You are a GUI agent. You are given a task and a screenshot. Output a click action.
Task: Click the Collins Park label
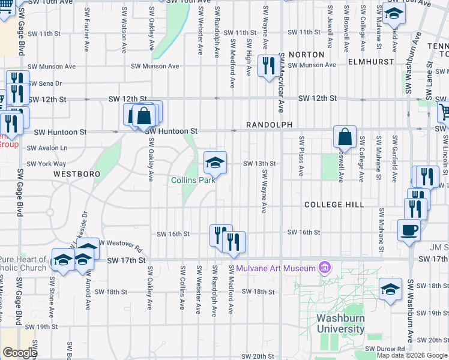(193, 180)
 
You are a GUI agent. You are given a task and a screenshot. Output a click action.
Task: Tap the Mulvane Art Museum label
(276, 268)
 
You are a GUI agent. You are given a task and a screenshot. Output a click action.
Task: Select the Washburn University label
(341, 324)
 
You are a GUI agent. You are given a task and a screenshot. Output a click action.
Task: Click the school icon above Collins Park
(215, 162)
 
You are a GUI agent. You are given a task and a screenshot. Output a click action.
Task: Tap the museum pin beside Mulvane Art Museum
(325, 266)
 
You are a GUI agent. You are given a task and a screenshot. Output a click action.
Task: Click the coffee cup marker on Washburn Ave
(409, 230)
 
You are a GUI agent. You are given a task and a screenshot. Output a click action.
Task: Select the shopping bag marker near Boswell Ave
(345, 137)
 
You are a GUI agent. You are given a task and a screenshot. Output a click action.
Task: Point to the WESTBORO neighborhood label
(76, 173)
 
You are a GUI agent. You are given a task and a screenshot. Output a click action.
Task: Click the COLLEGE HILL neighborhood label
(334, 205)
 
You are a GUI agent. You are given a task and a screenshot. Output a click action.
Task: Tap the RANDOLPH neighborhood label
(268, 125)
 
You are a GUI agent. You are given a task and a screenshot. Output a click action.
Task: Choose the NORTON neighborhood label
(306, 55)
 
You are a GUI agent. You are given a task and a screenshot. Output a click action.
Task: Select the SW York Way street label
(46, 164)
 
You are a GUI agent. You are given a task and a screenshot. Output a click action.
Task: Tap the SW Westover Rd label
(120, 245)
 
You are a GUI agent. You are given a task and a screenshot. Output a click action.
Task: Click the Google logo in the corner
(20, 353)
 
